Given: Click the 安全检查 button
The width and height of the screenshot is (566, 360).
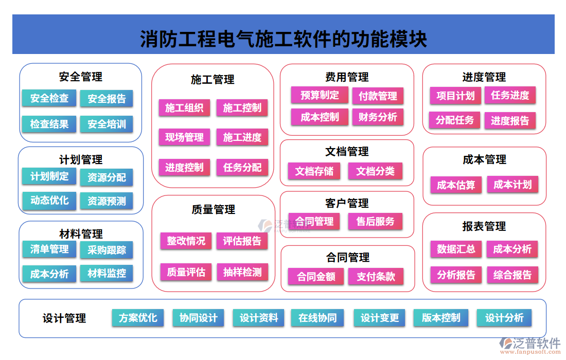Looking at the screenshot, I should tap(49, 98).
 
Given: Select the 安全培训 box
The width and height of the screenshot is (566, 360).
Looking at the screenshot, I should tap(107, 124).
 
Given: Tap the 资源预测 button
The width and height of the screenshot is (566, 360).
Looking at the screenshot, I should tap(107, 201).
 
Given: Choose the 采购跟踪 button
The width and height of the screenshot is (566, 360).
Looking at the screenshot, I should tap(107, 250).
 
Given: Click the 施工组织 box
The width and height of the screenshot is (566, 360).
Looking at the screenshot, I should tap(184, 108).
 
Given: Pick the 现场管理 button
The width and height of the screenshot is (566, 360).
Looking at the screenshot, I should tap(184, 137).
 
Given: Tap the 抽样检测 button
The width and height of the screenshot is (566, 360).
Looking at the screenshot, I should tap(242, 272).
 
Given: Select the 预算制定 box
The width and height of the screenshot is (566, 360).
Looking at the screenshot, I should tap(320, 95).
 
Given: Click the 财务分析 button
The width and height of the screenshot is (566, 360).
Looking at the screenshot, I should tap(378, 117).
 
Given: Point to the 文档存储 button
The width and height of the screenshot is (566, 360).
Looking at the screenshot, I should tap(314, 171).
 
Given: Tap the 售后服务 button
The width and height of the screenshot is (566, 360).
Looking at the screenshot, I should tap(375, 222).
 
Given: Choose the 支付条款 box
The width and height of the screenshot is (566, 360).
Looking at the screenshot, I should tap(376, 277).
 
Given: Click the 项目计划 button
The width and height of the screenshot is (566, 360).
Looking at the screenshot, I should tap(455, 96).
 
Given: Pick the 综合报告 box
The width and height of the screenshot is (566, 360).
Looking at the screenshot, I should tap(512, 275).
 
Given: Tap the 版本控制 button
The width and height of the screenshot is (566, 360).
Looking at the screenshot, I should tap(441, 318).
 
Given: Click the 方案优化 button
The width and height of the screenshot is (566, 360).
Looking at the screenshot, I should tap(138, 318).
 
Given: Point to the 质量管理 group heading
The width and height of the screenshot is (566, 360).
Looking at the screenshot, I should tap(213, 209).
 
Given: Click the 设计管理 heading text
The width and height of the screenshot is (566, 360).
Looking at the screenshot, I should tap(64, 319).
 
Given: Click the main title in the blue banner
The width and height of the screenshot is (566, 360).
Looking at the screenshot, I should tap(284, 39).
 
